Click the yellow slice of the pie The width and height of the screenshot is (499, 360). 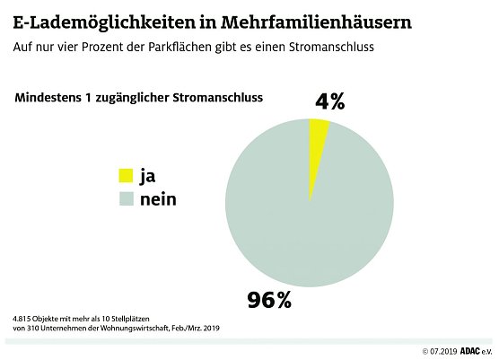click(318, 135)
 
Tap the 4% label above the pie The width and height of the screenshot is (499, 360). click(329, 101)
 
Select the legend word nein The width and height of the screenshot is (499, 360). click(157, 198)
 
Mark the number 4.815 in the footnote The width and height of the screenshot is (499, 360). click(23, 319)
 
